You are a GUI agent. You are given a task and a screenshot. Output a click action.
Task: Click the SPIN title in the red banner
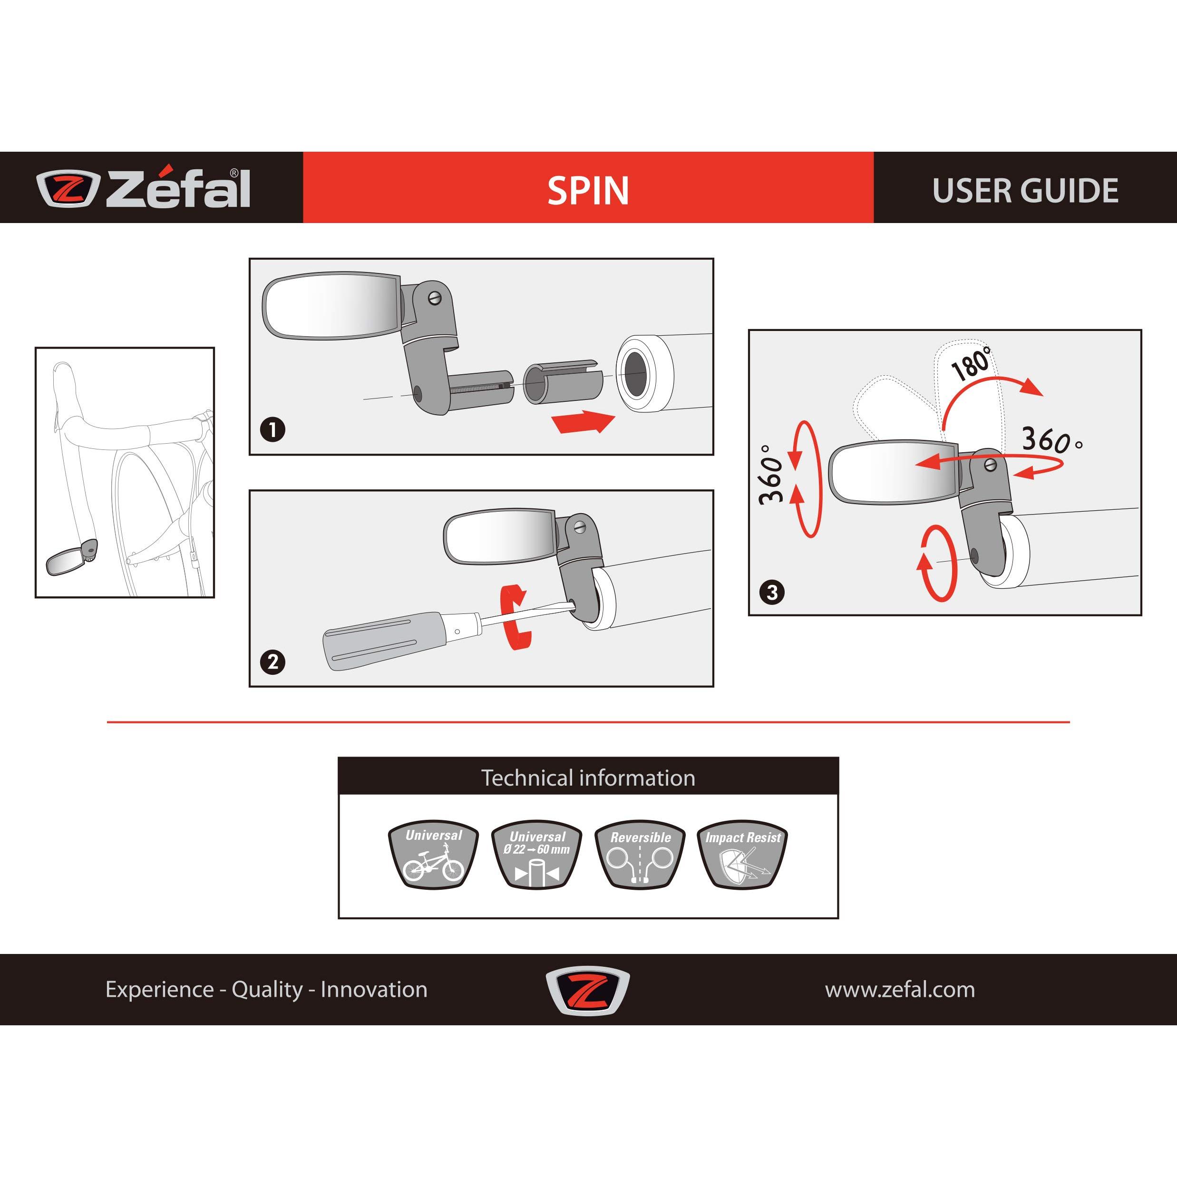click(x=588, y=190)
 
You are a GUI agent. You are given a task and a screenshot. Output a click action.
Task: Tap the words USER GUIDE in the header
click(x=1025, y=191)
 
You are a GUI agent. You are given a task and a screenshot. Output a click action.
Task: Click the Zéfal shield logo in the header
click(x=67, y=189)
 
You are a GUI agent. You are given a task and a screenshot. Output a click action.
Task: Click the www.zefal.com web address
click(x=900, y=989)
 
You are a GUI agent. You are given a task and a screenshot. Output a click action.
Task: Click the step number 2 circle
click(x=272, y=661)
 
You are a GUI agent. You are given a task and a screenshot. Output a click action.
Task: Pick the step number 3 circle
click(x=772, y=592)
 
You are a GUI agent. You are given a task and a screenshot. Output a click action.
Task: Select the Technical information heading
click(x=588, y=778)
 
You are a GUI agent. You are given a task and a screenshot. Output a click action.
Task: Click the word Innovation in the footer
click(x=374, y=989)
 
